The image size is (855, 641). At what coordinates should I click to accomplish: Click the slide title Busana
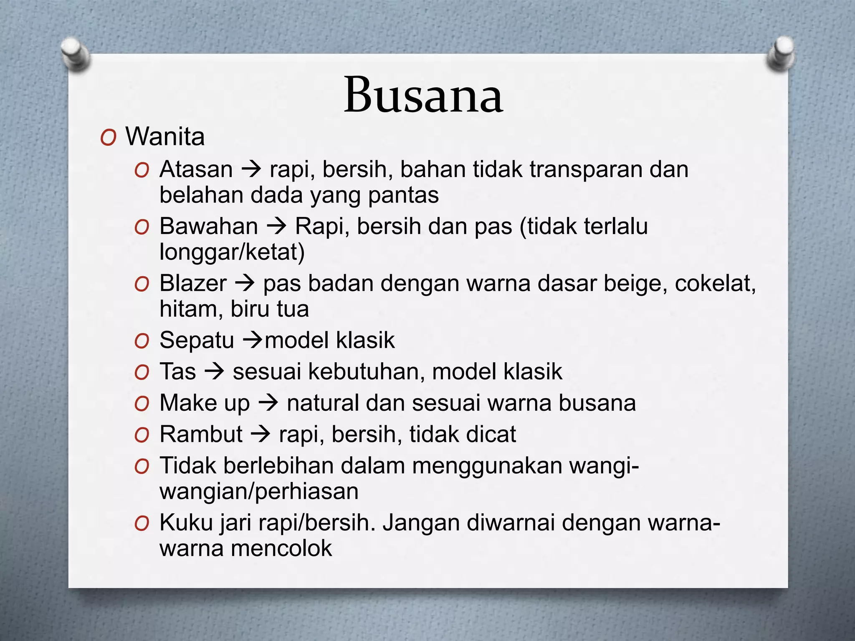click(423, 95)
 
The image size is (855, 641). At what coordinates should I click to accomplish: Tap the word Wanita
click(165, 136)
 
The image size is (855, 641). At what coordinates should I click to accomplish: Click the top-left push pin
click(75, 53)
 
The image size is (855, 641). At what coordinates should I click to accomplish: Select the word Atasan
click(196, 169)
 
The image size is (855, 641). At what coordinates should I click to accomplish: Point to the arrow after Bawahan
click(276, 227)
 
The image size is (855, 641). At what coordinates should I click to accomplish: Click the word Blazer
click(193, 283)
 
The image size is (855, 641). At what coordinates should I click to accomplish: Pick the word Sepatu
click(196, 340)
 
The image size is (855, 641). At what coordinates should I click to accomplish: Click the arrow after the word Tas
click(214, 371)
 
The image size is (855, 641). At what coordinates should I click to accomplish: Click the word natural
click(322, 403)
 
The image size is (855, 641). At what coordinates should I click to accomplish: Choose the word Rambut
click(201, 434)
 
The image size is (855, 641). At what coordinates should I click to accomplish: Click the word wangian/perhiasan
click(259, 492)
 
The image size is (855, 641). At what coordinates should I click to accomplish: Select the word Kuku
click(186, 522)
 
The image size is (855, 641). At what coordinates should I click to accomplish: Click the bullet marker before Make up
click(142, 404)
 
